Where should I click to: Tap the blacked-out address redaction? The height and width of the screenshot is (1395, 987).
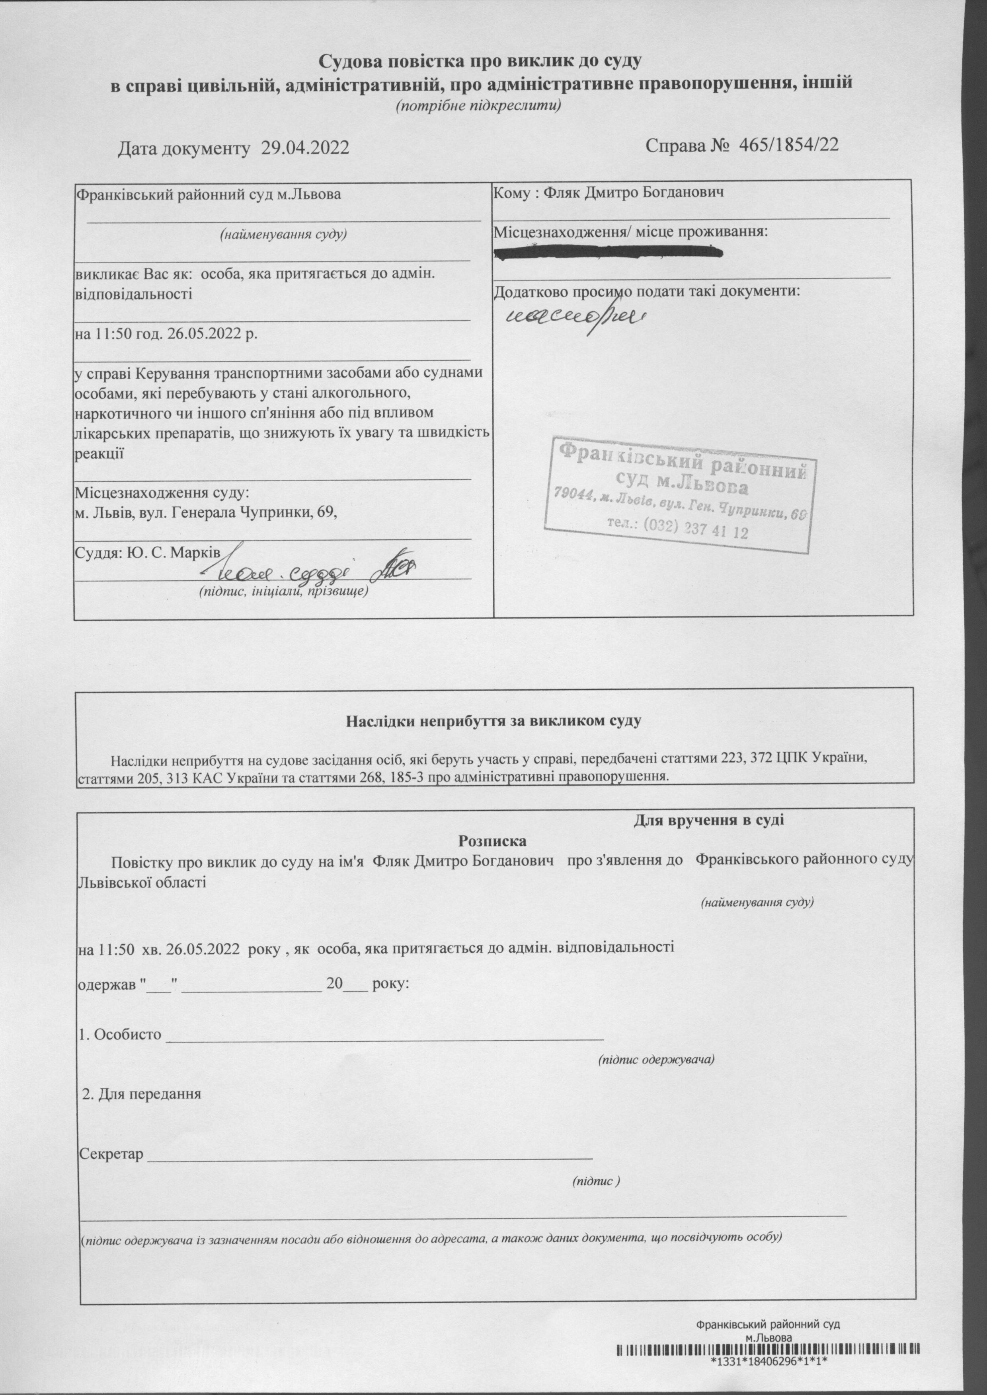tap(608, 252)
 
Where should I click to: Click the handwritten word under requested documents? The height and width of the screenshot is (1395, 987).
tap(576, 316)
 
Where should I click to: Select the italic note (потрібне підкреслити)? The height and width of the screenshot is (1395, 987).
tap(478, 106)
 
